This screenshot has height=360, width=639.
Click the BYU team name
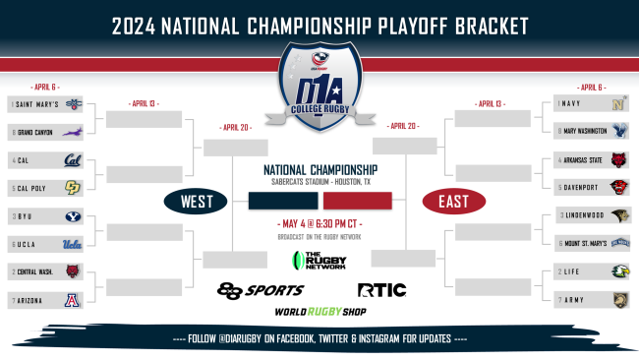(23, 215)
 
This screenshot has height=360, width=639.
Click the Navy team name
(570, 103)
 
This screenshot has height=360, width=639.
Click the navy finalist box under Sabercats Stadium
(283, 202)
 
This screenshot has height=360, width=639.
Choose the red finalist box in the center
(357, 202)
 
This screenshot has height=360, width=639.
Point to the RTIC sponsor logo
(380, 290)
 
